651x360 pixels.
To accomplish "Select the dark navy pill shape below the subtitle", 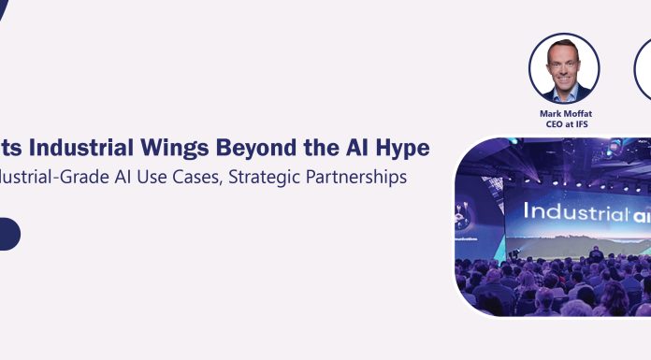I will click(x=7, y=234).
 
